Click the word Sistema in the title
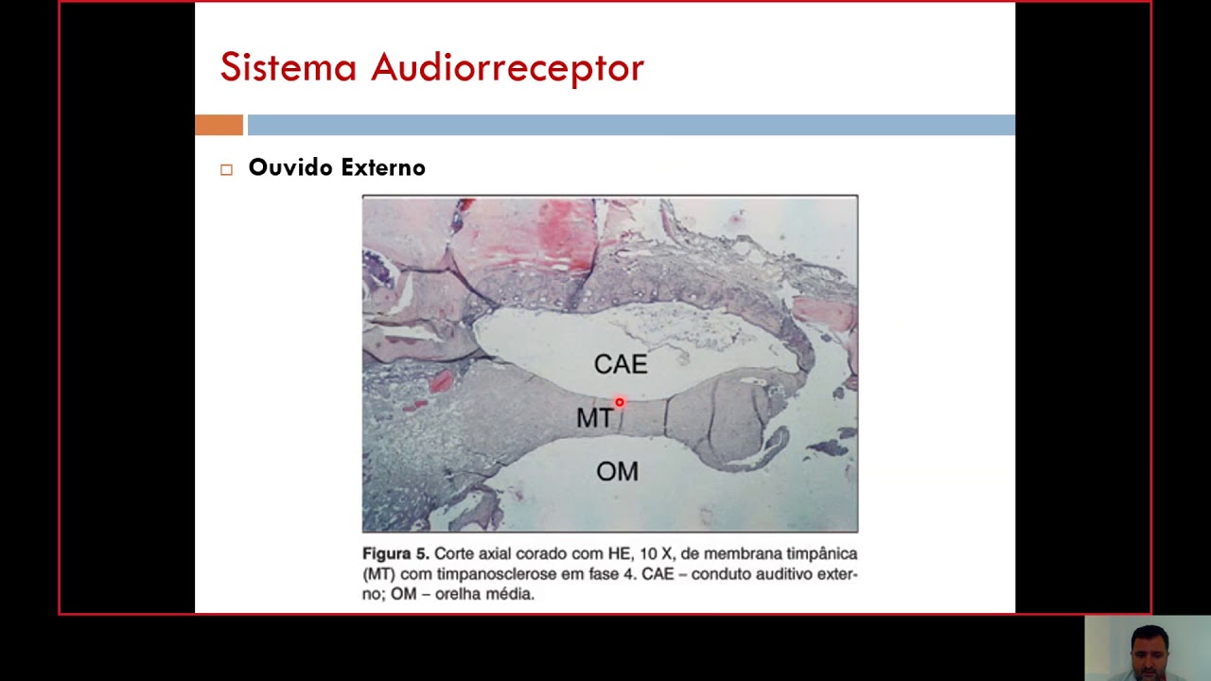tap(288, 68)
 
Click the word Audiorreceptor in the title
tap(507, 68)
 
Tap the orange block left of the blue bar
tap(219, 125)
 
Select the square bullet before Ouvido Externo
tap(226, 169)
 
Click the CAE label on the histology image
tap(621, 364)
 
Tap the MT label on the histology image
tap(594, 418)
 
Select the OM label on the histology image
tap(617, 471)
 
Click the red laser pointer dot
tap(620, 403)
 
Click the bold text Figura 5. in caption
tap(396, 553)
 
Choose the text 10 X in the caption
tap(652, 553)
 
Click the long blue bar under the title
tap(631, 125)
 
